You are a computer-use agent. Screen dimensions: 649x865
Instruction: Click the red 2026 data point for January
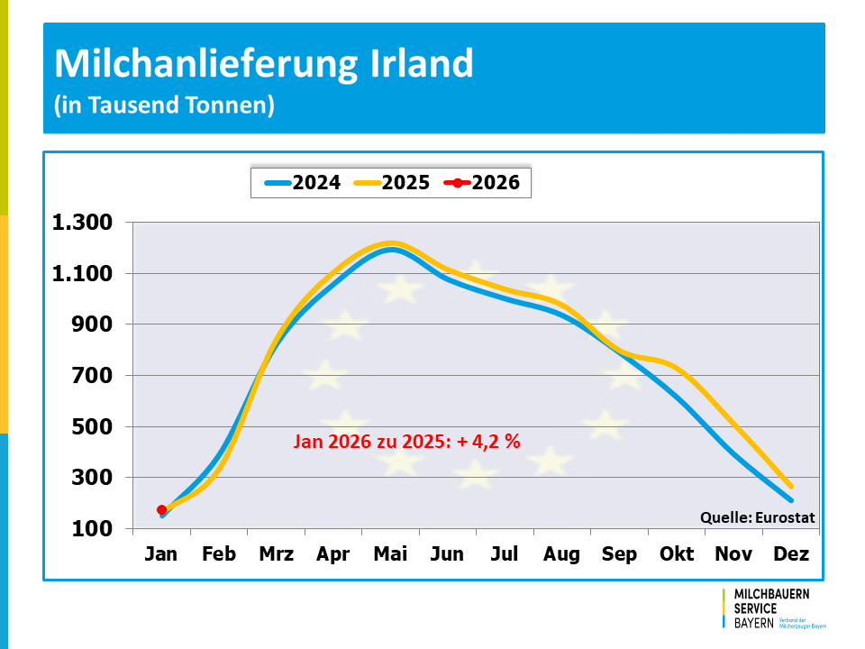[162, 510]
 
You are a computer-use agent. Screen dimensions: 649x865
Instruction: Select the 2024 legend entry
[303, 182]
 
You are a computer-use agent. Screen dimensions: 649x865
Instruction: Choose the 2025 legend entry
[393, 182]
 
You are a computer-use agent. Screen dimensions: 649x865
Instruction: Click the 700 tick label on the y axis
[92, 376]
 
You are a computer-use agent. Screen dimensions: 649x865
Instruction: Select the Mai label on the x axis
[390, 553]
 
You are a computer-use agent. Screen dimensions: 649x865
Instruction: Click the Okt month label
[677, 553]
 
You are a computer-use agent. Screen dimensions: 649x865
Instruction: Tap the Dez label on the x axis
[791, 553]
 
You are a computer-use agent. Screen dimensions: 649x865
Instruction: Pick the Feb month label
[219, 553]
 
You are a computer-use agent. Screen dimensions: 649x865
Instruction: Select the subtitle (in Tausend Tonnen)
[163, 105]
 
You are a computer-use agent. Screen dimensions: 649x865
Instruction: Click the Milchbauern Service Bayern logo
[772, 608]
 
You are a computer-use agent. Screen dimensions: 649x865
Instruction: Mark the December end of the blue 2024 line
[791, 499]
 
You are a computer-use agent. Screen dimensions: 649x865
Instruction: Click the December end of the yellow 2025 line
[791, 487]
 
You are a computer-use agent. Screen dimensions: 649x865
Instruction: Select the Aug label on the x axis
[561, 553]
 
